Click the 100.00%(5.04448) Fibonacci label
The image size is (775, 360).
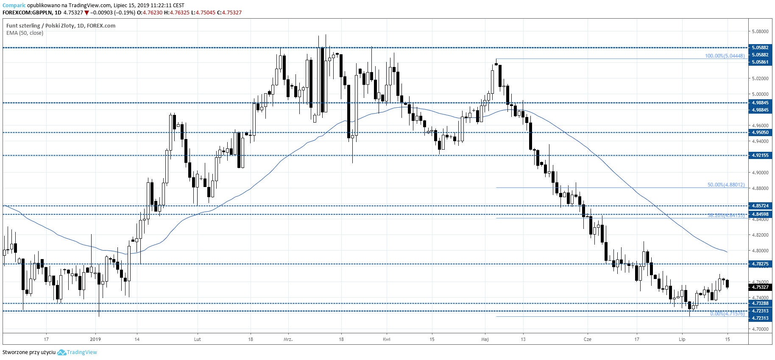(x=725, y=56)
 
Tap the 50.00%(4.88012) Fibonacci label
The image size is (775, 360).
(x=726, y=185)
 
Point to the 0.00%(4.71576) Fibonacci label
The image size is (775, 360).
(x=727, y=314)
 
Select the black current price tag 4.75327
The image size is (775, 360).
(x=760, y=287)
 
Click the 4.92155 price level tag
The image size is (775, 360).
(x=760, y=155)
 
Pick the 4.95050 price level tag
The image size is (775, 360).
(x=760, y=132)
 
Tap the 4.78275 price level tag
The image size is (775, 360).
(x=760, y=264)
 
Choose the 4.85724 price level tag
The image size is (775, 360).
(x=760, y=206)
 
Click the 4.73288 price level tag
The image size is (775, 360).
(x=760, y=303)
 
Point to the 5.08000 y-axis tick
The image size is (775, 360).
(x=760, y=31)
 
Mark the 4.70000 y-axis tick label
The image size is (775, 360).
(x=760, y=329)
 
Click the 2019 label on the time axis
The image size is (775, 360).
(x=95, y=339)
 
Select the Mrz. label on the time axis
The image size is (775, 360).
(x=288, y=339)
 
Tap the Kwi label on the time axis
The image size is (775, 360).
(x=386, y=339)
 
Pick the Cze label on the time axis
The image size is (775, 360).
(x=587, y=339)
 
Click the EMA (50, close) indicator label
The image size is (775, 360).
(x=25, y=33)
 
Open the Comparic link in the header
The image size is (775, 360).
(x=14, y=6)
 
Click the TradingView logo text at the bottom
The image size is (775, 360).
(x=82, y=352)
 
